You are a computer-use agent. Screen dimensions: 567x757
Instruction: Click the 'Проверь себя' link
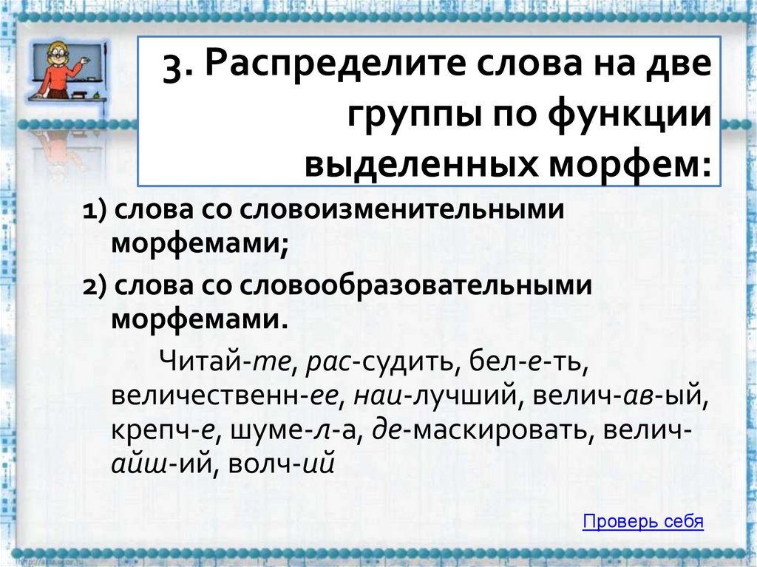click(x=642, y=522)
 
